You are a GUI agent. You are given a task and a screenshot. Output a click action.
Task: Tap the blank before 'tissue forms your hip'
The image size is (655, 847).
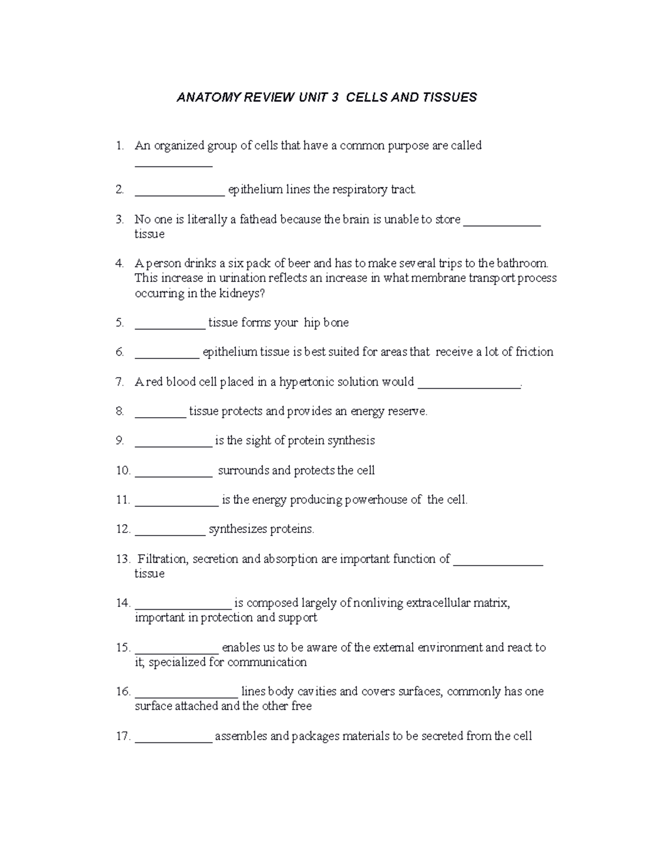170,326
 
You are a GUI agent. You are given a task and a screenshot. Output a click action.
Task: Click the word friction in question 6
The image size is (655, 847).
534,352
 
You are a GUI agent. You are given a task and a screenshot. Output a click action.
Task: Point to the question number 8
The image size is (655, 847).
120,412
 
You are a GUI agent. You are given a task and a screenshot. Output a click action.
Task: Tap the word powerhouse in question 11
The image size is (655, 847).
376,500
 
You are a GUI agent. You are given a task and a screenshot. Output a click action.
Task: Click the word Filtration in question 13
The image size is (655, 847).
162,559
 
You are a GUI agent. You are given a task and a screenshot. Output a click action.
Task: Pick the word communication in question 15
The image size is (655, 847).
267,662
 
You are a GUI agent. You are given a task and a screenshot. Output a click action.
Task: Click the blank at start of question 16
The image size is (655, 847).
186,695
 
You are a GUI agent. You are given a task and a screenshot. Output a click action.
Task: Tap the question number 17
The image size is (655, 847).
123,736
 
